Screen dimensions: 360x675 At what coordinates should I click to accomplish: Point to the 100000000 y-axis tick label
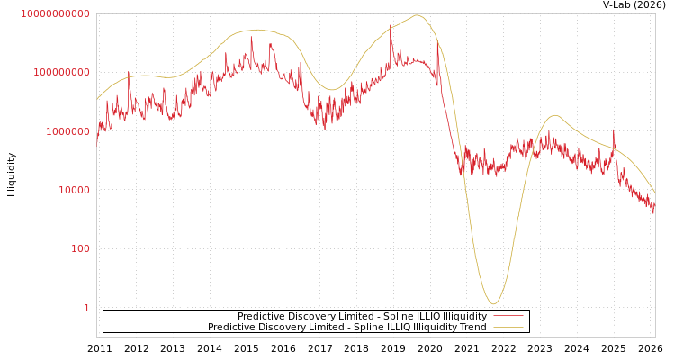click(61, 72)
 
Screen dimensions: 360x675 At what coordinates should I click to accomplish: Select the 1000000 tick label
click(67, 131)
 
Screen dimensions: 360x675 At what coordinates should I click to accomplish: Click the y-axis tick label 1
click(86, 308)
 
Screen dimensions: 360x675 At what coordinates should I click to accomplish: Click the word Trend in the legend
click(473, 328)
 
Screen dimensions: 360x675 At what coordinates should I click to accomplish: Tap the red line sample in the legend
click(508, 317)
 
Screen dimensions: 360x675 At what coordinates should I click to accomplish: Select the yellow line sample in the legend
click(508, 328)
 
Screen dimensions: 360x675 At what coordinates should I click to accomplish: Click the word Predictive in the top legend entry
click(261, 317)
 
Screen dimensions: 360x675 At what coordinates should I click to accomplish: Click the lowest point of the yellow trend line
click(492, 303)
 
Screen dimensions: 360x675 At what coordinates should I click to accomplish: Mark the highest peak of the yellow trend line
click(418, 15)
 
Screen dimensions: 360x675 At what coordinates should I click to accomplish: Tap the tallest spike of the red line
click(391, 29)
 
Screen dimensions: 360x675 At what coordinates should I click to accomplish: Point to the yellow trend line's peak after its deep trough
click(554, 115)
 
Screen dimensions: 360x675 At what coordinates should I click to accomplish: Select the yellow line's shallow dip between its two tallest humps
click(332, 90)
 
